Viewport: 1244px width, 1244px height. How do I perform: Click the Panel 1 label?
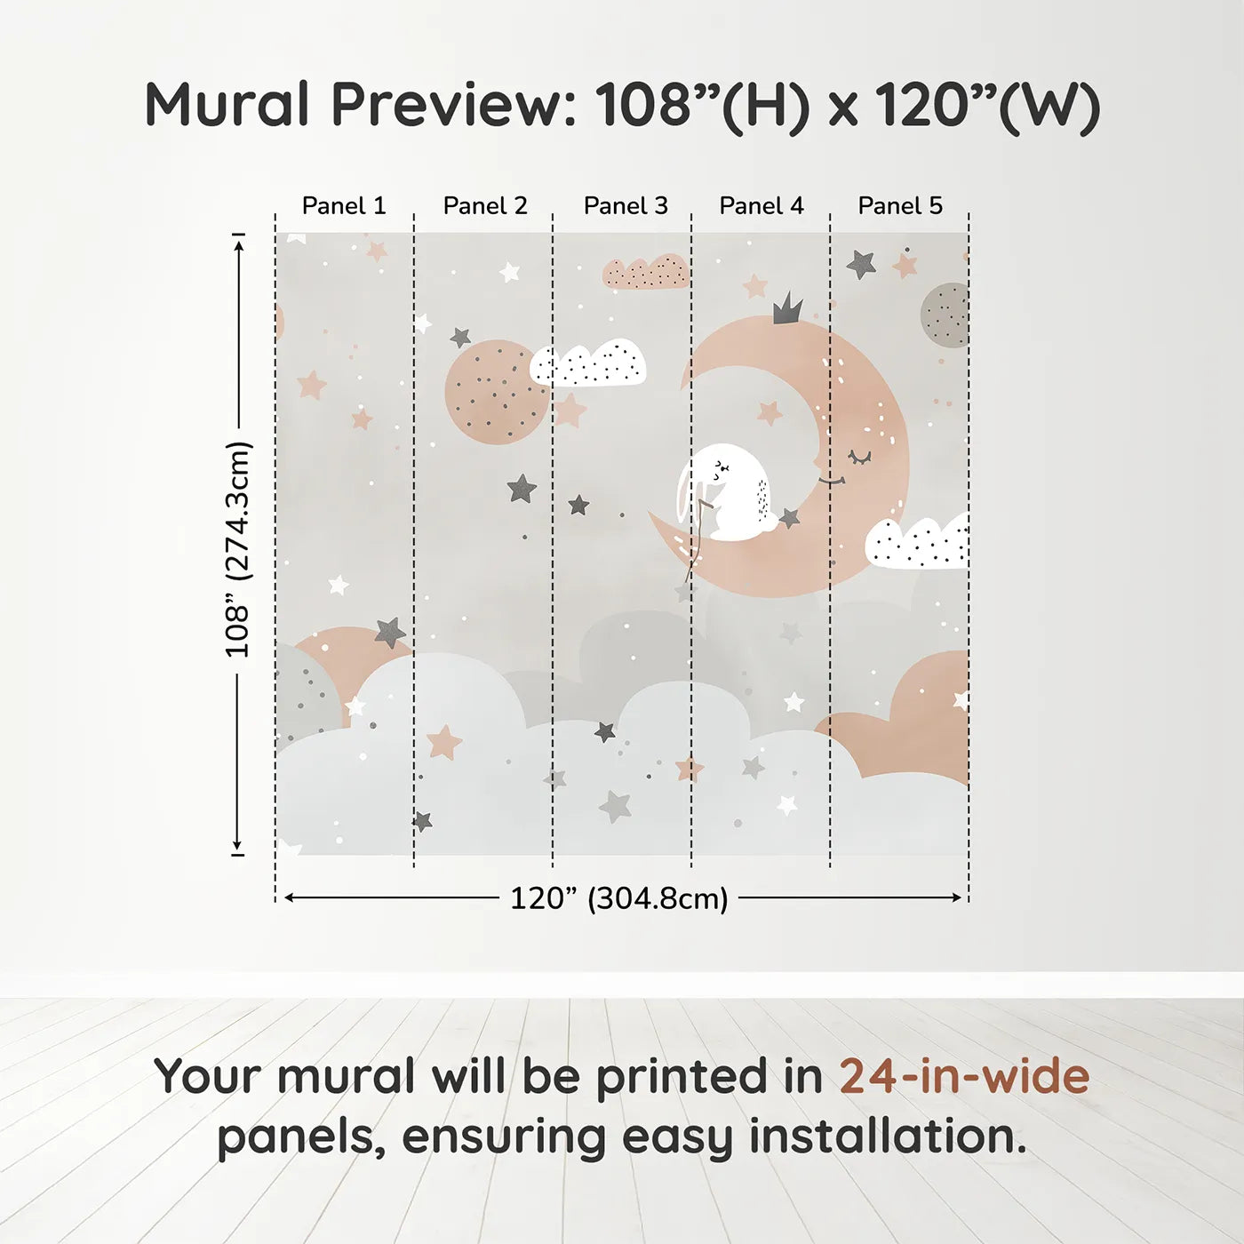pyautogui.click(x=344, y=206)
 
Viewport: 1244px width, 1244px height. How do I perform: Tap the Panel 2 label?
pyautogui.click(x=485, y=206)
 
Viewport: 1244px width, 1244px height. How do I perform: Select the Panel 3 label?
pyautogui.click(x=626, y=206)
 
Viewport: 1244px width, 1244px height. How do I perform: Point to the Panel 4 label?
pyautogui.click(x=762, y=206)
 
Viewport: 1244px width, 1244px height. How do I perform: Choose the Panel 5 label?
pyautogui.click(x=900, y=206)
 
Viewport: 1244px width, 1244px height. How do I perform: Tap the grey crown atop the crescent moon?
pyautogui.click(x=787, y=308)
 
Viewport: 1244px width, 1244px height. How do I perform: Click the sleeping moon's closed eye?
pyautogui.click(x=859, y=458)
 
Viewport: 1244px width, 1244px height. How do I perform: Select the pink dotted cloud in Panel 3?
pyautogui.click(x=646, y=272)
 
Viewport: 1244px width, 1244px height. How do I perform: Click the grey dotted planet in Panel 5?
pyautogui.click(x=945, y=315)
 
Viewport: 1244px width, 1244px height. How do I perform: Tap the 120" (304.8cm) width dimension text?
pyautogui.click(x=619, y=898)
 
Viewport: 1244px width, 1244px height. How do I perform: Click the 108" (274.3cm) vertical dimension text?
pyautogui.click(x=238, y=549)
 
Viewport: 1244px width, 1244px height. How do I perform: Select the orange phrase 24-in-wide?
pyautogui.click(x=964, y=1076)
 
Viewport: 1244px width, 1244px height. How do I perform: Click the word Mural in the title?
pyautogui.click(x=227, y=105)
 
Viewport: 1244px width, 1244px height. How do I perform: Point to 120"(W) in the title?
pyautogui.click(x=987, y=105)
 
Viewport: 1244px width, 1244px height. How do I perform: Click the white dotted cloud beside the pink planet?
pyautogui.click(x=588, y=363)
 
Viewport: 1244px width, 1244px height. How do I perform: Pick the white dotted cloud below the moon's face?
pyautogui.click(x=918, y=543)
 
